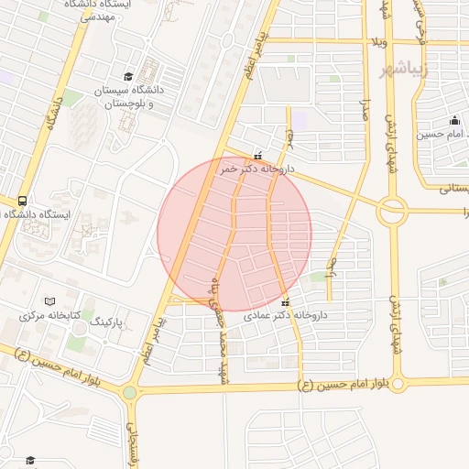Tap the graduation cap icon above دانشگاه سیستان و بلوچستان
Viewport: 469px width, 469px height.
(129, 77)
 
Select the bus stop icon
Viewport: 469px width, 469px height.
(21, 201)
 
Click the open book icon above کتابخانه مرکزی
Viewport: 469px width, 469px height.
(50, 301)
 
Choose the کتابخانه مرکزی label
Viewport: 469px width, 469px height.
(50, 316)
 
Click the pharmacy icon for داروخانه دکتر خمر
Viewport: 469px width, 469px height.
(257, 156)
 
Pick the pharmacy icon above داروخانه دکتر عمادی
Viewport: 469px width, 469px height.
(285, 302)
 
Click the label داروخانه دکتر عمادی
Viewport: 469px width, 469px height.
(292, 315)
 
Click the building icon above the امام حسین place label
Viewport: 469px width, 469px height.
(454, 120)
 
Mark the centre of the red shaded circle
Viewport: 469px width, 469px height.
(234, 234)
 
